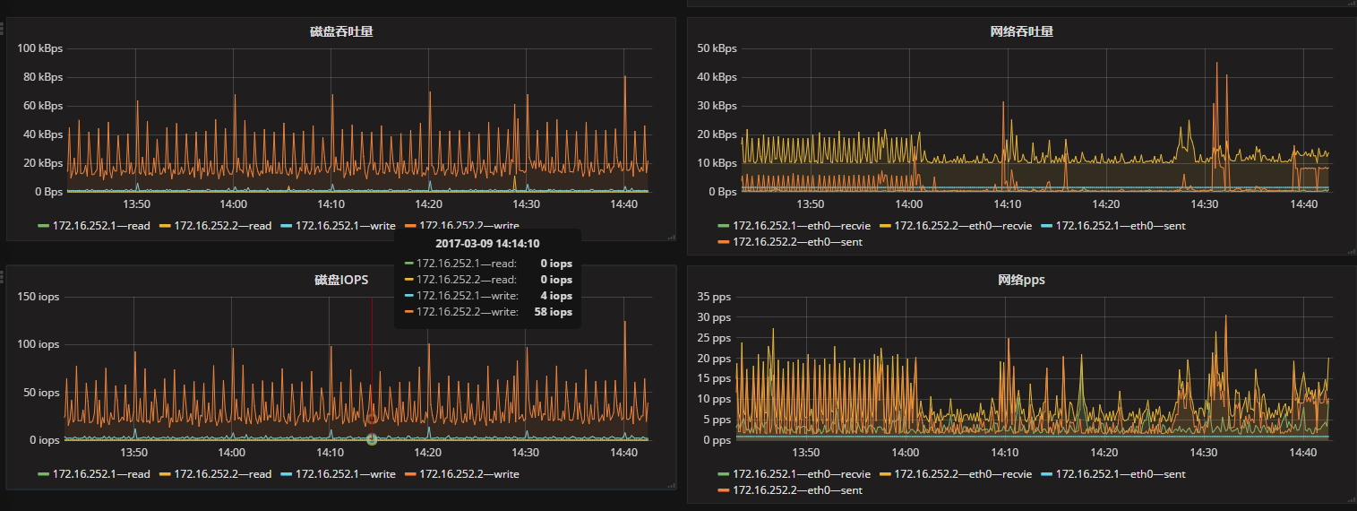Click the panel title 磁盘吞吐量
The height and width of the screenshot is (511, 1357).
click(341, 31)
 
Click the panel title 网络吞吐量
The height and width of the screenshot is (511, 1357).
click(1021, 31)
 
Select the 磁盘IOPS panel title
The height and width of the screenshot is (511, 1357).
click(341, 280)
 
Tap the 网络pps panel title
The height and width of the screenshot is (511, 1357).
click(1021, 280)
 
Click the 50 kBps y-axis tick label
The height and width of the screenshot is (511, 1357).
click(717, 48)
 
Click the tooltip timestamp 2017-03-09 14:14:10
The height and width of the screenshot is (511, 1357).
click(488, 243)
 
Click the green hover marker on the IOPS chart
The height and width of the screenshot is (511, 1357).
click(372, 438)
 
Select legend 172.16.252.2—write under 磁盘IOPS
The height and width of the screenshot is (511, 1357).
click(468, 474)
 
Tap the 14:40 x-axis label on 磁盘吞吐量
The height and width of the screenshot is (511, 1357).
click(623, 204)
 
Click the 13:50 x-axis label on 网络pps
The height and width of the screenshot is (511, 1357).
click(807, 453)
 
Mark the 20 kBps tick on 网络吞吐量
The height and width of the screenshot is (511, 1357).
click(717, 134)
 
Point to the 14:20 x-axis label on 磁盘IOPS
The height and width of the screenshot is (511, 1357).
click(427, 453)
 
